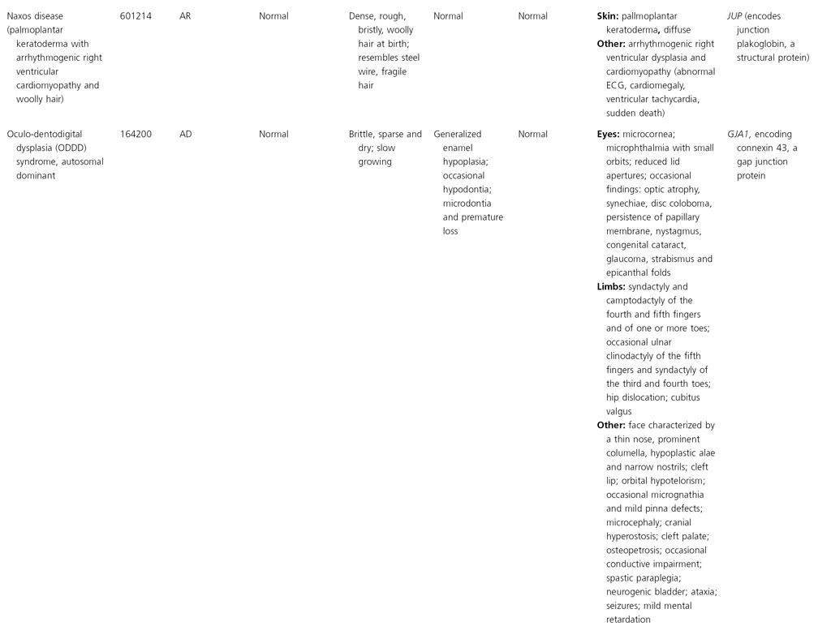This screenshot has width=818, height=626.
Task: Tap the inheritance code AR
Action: [186, 16]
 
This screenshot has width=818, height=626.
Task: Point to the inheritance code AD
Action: [186, 135]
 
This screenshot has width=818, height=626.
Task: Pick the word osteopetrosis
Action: [634, 550]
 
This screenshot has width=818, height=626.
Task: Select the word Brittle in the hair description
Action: [362, 135]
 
